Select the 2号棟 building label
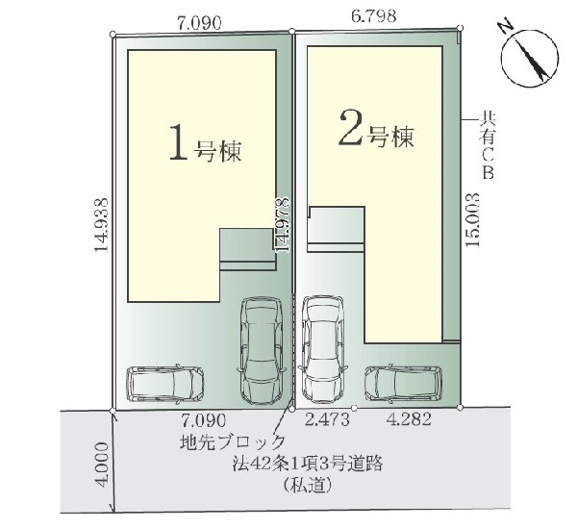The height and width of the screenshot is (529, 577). [376, 134]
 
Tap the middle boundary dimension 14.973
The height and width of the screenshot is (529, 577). [281, 223]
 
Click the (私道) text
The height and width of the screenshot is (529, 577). [307, 487]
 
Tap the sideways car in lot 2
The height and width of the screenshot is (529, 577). [403, 382]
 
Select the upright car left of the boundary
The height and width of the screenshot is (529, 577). [259, 351]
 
